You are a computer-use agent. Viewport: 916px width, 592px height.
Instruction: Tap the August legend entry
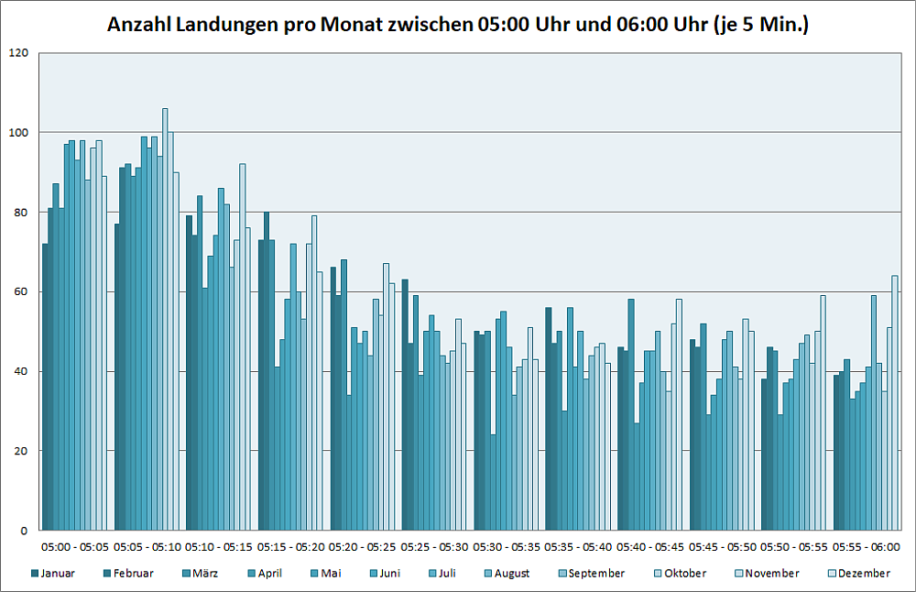[511, 574]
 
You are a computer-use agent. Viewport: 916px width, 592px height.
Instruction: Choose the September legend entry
[595, 574]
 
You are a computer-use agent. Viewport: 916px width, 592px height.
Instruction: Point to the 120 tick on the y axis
[19, 53]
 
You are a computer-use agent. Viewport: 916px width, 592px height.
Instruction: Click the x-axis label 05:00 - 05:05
[75, 547]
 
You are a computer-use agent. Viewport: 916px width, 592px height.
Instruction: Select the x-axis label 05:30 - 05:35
[507, 547]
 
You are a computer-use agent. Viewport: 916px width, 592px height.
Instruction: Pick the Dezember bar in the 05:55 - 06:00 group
[895, 403]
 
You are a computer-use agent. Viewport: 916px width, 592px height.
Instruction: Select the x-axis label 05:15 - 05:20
[291, 547]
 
